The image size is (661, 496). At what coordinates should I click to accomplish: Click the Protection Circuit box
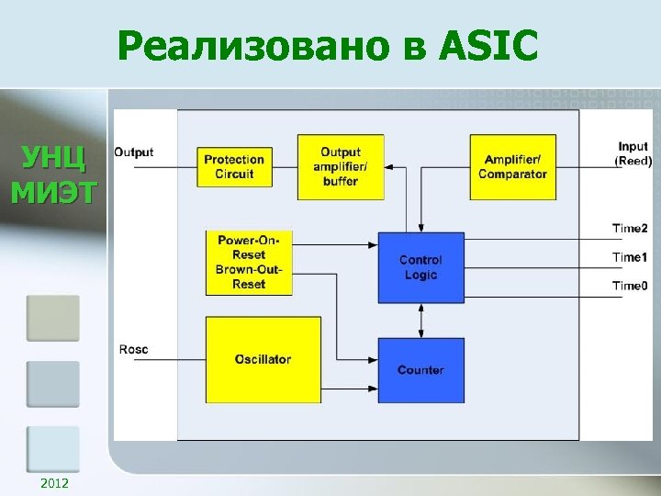click(x=234, y=166)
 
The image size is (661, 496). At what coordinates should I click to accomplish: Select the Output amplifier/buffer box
click(x=341, y=166)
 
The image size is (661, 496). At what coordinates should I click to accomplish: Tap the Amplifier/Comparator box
click(x=512, y=166)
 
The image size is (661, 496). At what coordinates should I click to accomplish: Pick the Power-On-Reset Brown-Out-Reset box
click(x=249, y=262)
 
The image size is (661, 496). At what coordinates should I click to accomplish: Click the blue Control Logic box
click(x=420, y=267)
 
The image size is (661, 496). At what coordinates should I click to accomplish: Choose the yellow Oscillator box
click(x=263, y=359)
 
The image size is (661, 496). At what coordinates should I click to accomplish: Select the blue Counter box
click(x=420, y=370)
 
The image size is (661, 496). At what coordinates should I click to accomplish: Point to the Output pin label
click(x=134, y=152)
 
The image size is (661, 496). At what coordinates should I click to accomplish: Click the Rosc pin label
click(x=133, y=349)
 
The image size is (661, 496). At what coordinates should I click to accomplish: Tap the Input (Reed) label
click(x=633, y=153)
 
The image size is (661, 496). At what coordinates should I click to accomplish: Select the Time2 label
click(x=631, y=229)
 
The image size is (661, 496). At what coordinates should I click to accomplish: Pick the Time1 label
click(x=631, y=257)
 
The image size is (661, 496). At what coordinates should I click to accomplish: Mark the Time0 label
click(x=631, y=286)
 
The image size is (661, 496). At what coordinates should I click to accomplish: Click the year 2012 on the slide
click(x=54, y=483)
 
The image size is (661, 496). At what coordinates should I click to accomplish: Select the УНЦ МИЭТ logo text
click(x=53, y=174)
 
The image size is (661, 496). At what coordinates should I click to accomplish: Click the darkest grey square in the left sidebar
click(x=52, y=318)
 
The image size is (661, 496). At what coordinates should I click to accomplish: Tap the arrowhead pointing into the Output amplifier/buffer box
click(x=389, y=167)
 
